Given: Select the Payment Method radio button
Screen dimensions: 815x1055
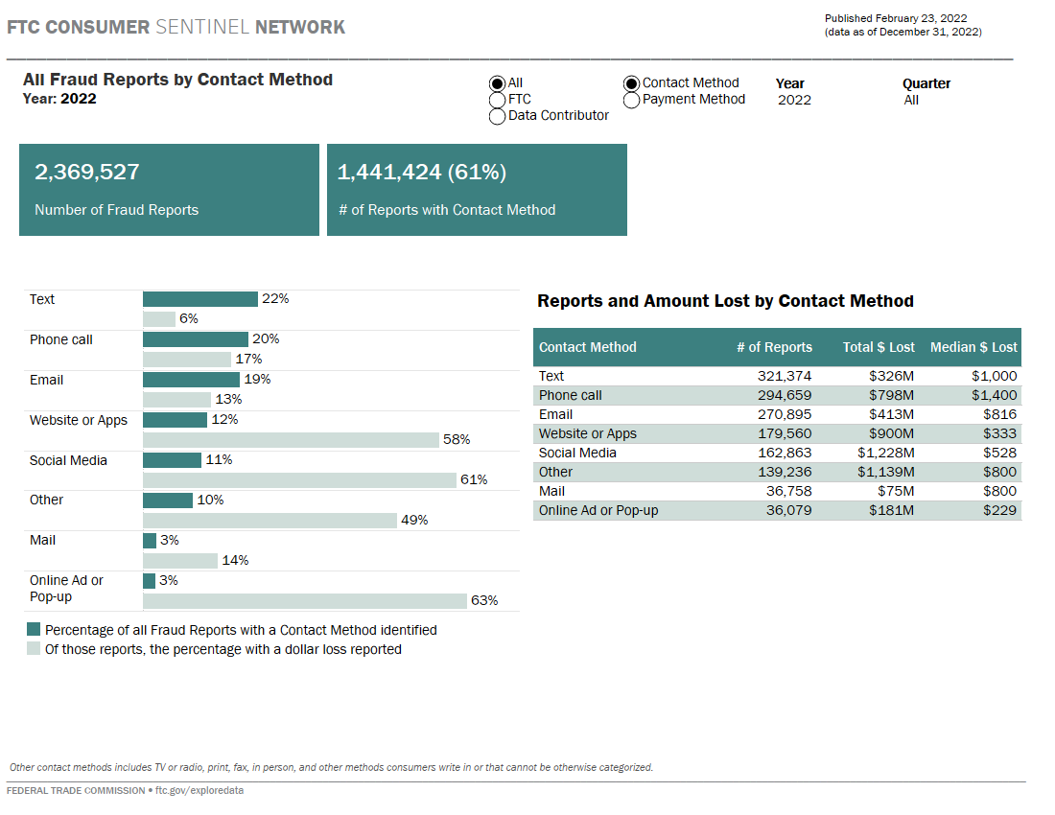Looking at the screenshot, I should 631,100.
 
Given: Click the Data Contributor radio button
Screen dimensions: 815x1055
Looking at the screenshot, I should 497,116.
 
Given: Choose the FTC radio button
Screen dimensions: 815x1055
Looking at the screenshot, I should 497,100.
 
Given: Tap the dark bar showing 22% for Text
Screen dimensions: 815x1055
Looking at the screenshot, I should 200,299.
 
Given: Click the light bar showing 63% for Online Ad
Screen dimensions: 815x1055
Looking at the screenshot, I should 304,601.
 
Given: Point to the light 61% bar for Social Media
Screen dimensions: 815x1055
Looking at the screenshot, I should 299,479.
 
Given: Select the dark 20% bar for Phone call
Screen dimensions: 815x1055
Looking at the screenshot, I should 196,339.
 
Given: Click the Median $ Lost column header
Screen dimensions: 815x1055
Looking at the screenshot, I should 973,347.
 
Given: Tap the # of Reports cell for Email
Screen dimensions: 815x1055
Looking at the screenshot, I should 785,414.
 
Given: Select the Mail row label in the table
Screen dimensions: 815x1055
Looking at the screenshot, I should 552,491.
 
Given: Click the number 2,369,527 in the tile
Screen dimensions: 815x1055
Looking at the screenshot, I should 87,173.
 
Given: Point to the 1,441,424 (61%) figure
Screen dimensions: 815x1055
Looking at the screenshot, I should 422,173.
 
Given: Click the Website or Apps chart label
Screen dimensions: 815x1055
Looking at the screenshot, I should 79,420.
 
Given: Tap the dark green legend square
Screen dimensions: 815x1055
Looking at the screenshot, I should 34,630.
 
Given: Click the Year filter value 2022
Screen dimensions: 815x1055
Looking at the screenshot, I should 794,100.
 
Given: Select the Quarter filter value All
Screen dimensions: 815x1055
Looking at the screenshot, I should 911,100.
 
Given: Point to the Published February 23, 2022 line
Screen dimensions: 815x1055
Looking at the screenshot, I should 896,18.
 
